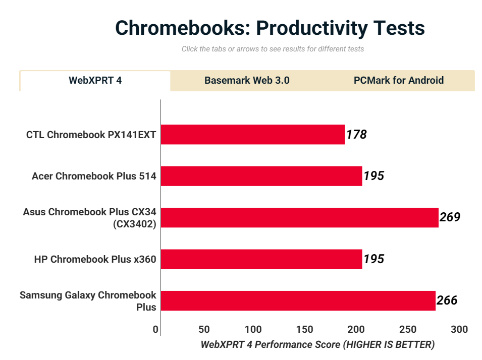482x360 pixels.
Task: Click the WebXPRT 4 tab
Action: [x=95, y=81]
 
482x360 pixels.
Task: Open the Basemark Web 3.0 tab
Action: [x=247, y=81]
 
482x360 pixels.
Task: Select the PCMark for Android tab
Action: [x=399, y=81]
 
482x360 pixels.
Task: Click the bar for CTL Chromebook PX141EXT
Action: [x=252, y=135]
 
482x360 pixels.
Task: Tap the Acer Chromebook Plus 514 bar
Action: [x=261, y=176]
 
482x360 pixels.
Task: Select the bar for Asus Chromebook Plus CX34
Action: [x=299, y=217]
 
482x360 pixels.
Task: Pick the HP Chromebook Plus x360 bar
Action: [x=261, y=259]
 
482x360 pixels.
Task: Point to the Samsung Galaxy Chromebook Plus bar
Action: [x=298, y=301]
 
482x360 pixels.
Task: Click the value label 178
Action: [x=356, y=135]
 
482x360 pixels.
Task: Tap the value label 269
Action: [x=450, y=217]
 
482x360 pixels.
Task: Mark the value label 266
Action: [x=447, y=301]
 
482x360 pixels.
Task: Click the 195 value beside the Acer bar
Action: [x=374, y=176]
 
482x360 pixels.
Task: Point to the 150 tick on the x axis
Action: [x=304, y=330]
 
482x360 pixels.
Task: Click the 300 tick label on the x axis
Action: [x=459, y=330]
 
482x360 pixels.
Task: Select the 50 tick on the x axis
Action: [x=204, y=330]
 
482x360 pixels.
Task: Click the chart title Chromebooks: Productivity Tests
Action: [x=270, y=28]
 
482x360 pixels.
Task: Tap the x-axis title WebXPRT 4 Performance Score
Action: [x=317, y=345]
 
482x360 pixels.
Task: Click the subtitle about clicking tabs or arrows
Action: [x=273, y=49]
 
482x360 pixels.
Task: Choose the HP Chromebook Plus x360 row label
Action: [x=95, y=259]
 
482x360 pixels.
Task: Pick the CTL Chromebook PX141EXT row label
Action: [x=91, y=135]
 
